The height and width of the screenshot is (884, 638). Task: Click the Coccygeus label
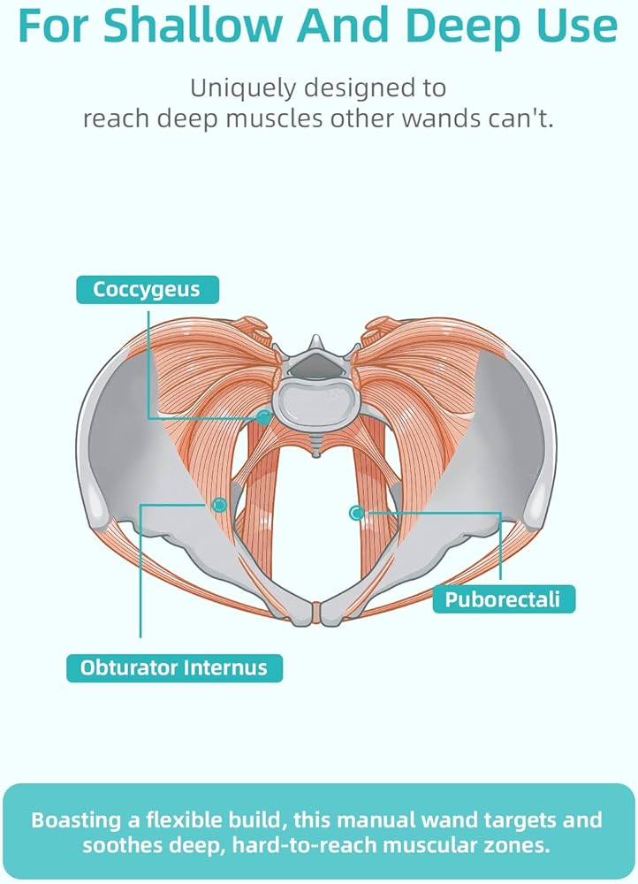click(147, 289)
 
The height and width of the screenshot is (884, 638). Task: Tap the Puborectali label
click(504, 598)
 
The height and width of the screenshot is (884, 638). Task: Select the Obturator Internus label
click(174, 667)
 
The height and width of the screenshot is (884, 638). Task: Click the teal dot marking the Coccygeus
click(263, 417)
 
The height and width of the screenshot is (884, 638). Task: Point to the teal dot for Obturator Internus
click(219, 505)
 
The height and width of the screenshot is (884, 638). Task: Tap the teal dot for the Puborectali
click(356, 513)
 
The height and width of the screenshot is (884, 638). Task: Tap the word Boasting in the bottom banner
click(76, 819)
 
